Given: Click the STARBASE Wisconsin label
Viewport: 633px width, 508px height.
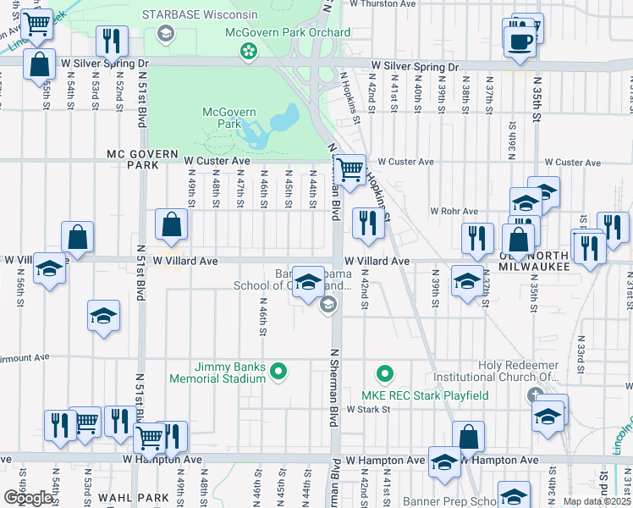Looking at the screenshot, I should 200,15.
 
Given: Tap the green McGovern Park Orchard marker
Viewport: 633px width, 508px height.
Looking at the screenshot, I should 249,52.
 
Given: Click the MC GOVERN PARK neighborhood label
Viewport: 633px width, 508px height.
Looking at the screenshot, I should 131,160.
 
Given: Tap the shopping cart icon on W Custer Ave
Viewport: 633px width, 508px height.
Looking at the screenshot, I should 349,168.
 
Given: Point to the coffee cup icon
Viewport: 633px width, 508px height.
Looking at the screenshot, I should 520,41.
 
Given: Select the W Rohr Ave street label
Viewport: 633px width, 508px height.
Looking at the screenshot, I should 454,211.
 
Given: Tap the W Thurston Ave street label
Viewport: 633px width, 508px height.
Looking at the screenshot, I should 383,4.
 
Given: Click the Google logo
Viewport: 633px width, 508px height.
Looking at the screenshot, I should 29,498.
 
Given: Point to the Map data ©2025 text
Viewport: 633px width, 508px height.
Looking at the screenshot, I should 597,501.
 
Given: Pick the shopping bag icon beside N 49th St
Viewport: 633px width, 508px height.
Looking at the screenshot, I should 171,225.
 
